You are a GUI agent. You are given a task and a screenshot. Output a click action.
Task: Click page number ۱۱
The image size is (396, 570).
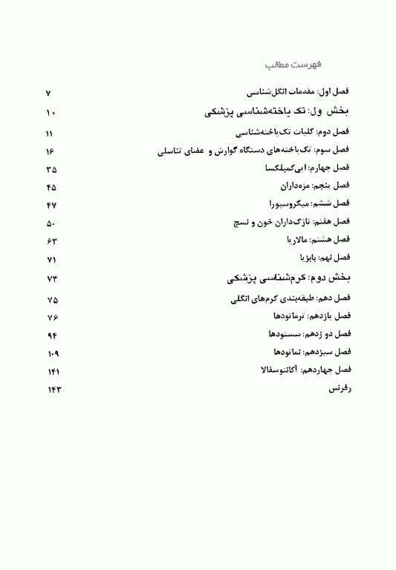pos(49,134)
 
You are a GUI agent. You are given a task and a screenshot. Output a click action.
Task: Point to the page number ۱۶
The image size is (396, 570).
pos(50,152)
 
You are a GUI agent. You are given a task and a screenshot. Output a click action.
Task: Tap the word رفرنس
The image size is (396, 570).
pos(340,388)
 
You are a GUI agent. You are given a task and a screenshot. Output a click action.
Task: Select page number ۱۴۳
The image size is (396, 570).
pos(50,390)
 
